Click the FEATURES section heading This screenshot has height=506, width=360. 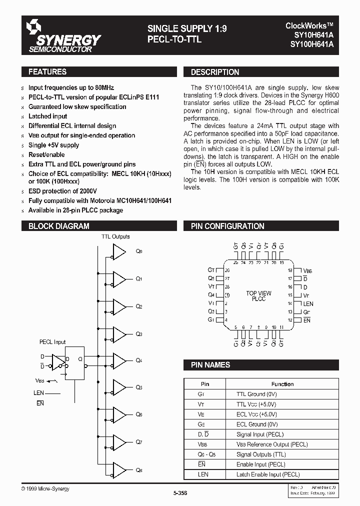[x=47, y=72]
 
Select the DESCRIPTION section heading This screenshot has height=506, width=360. [x=215, y=72]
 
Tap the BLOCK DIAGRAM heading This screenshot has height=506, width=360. [x=59, y=226]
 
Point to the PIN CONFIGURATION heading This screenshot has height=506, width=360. [x=227, y=226]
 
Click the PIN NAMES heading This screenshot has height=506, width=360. [x=210, y=365]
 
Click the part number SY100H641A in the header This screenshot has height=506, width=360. [x=312, y=44]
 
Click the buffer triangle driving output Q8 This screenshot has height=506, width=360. [x=119, y=470]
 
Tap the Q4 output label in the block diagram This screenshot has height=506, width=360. [x=139, y=360]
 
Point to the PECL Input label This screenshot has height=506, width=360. [x=52, y=342]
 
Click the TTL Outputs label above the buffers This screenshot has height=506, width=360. [x=115, y=236]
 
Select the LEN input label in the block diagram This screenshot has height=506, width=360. [x=38, y=393]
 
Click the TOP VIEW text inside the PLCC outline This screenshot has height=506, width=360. [x=259, y=293]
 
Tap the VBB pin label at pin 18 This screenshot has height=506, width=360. [x=307, y=270]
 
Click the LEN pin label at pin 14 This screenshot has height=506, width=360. [x=308, y=303]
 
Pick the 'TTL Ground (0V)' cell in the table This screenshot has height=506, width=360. [x=256, y=394]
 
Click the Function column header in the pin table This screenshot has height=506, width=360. [x=282, y=384]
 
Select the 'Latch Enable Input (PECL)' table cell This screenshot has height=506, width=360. [x=264, y=474]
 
